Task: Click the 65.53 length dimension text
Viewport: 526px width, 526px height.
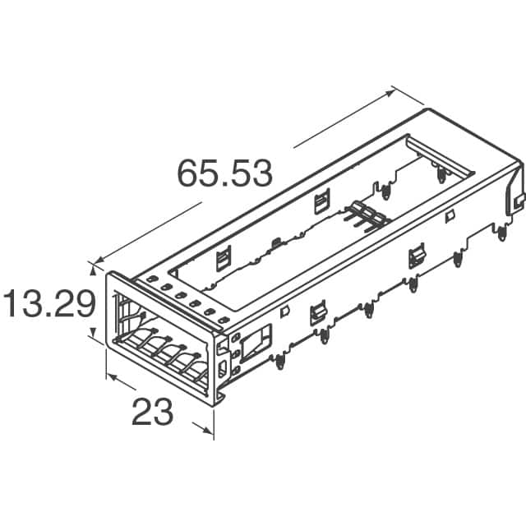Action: (x=224, y=173)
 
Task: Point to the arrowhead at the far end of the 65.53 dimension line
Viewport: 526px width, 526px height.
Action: (x=395, y=90)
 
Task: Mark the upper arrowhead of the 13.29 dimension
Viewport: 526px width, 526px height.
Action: (x=91, y=268)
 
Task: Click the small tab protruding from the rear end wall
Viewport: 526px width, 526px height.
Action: (x=518, y=200)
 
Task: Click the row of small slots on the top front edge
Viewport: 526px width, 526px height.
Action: (x=181, y=299)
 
